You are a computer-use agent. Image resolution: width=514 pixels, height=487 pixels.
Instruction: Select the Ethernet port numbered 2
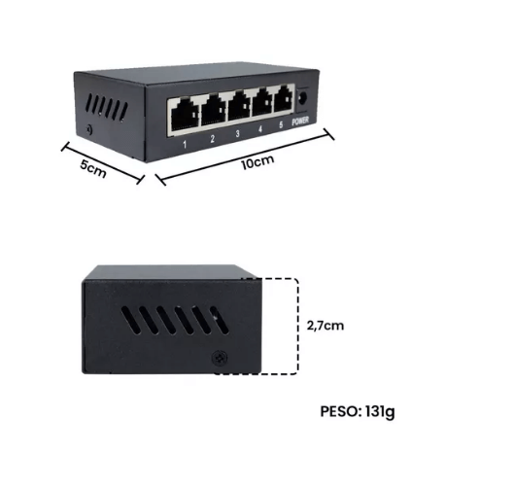click(214, 110)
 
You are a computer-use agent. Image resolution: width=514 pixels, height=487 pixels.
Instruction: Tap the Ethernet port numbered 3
click(240, 106)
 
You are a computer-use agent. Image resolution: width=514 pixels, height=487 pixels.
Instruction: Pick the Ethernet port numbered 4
click(263, 102)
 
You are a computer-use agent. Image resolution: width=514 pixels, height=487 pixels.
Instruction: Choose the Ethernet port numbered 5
click(284, 99)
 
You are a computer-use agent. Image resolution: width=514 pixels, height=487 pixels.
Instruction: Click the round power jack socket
click(303, 98)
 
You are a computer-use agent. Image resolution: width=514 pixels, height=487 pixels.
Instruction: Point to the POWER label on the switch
click(300, 121)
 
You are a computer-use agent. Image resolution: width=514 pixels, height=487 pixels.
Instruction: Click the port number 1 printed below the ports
click(185, 144)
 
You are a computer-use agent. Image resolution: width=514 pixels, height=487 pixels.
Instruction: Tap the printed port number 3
click(237, 134)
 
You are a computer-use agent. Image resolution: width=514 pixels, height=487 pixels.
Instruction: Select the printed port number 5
click(281, 125)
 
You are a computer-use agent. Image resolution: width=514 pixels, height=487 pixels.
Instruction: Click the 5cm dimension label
click(93, 169)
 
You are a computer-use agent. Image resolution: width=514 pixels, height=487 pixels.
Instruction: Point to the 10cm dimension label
click(257, 162)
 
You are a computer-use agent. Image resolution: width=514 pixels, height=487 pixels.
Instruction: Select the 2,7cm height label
click(326, 326)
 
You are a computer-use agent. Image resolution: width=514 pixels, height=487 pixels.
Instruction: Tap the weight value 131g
click(380, 412)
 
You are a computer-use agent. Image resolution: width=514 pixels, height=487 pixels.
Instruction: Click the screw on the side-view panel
click(220, 358)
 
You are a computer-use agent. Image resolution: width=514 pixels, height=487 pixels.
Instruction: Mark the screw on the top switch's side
click(88, 130)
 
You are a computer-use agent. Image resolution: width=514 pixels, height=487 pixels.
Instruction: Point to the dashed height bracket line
click(297, 327)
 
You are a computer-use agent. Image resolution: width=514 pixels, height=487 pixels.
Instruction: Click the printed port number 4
click(260, 129)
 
